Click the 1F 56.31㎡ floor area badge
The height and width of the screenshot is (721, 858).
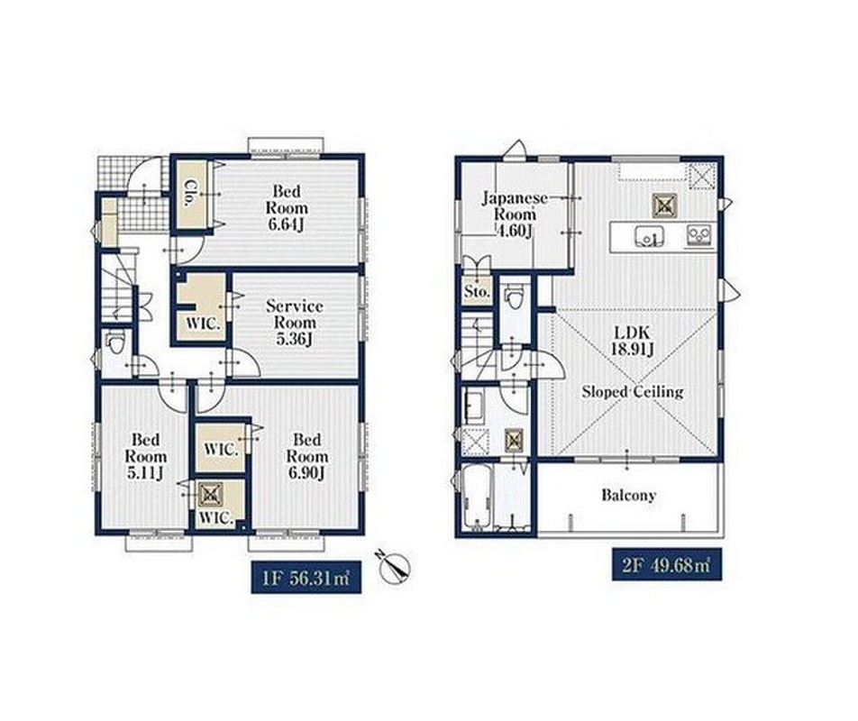pyautogui.click(x=306, y=577)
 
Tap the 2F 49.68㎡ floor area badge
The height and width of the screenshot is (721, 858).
pyautogui.click(x=667, y=564)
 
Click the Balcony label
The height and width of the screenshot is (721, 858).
pyautogui.click(x=628, y=496)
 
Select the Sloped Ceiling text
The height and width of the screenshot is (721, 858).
pyautogui.click(x=632, y=392)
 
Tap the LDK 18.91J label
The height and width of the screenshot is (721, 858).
pyautogui.click(x=632, y=341)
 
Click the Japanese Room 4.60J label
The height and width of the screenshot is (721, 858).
pyautogui.click(x=515, y=214)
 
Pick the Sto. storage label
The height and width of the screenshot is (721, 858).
pyautogui.click(x=477, y=292)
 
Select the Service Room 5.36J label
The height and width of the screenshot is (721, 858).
pyautogui.click(x=295, y=323)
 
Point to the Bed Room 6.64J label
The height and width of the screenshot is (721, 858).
pyautogui.click(x=287, y=208)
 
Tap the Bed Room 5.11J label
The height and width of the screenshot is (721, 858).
pyautogui.click(x=146, y=456)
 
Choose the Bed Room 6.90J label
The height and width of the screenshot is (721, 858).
pyautogui.click(x=307, y=456)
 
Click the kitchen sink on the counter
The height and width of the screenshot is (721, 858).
pyautogui.click(x=650, y=237)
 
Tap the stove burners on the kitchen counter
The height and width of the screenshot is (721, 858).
pyautogui.click(x=698, y=235)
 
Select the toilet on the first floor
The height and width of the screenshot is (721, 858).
pyautogui.click(x=116, y=344)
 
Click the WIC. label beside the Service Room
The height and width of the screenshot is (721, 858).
pyautogui.click(x=202, y=324)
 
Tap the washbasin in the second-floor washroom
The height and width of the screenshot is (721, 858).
pyautogui.click(x=473, y=406)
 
